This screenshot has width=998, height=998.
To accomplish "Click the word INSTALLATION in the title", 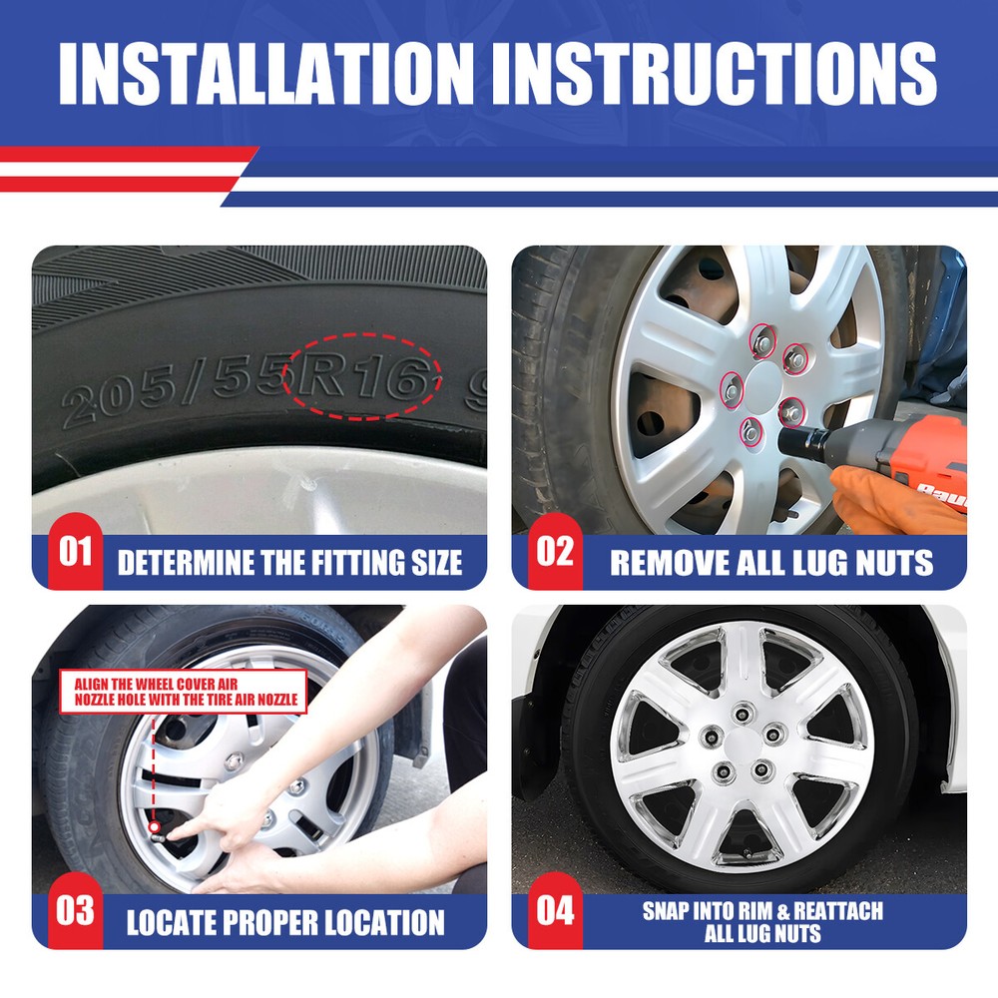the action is [x=266, y=73].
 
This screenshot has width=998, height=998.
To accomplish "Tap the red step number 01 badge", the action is [x=75, y=551].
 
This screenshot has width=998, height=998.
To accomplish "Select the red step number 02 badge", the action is [x=555, y=551].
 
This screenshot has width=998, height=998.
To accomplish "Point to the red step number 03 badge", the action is [x=75, y=910].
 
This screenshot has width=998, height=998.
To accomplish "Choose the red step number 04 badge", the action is [x=555, y=910].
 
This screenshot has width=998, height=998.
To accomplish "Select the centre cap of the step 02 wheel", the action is [x=762, y=385].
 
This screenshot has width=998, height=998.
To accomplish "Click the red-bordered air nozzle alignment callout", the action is [x=184, y=692].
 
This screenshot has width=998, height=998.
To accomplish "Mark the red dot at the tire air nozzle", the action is [x=154, y=827].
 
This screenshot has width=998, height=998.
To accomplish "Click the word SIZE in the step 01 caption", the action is [x=436, y=563].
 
